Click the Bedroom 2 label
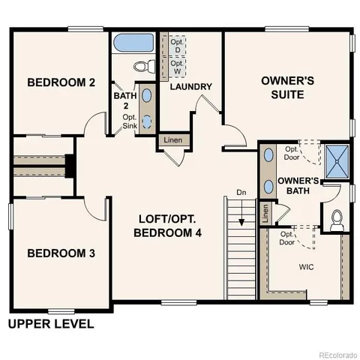pos(61,82)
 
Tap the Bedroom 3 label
pos(61,253)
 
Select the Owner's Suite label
pos(282,87)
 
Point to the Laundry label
pos(190,87)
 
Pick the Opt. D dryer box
pos(176,44)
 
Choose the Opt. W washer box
pos(176,66)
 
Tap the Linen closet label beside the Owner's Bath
pos(265,213)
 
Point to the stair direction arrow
pos(241,220)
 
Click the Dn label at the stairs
pos(241,193)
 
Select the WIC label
pos(306,266)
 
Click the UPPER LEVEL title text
pos(51,325)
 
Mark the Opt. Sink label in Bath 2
pos(130,121)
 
